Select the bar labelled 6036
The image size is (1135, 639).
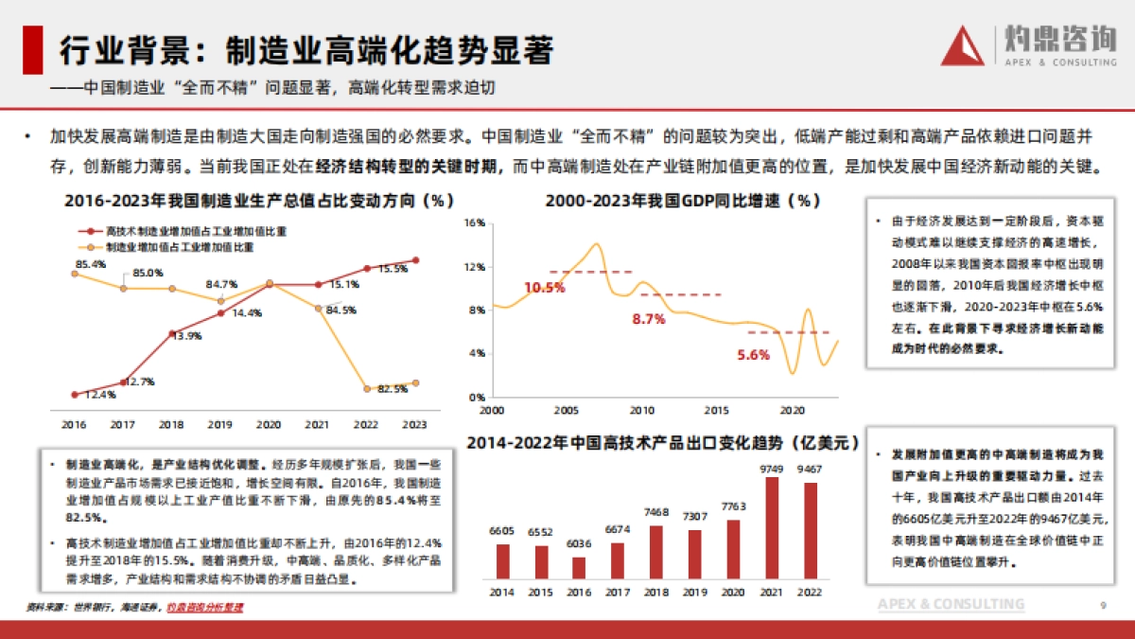[579, 568]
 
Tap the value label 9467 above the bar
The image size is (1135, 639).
[809, 470]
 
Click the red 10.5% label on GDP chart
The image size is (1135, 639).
[544, 288]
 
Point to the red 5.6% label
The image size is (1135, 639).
[753, 355]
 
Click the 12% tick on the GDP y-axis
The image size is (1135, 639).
[475, 267]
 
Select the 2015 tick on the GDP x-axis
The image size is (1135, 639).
[718, 411]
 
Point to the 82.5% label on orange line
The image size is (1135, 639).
[393, 389]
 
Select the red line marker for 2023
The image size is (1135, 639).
[416, 260]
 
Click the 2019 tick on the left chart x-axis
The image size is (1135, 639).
[219, 425]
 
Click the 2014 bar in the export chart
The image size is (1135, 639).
[502, 560]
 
